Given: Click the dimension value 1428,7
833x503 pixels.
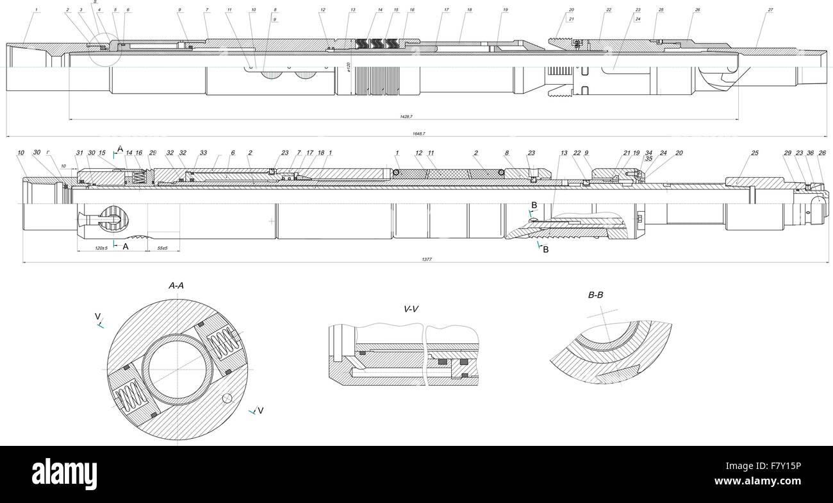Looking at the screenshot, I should point(405,116).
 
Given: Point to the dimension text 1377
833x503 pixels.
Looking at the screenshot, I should point(427,259).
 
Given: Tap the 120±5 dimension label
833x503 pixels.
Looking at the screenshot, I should point(100,248).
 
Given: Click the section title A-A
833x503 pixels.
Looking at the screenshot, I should point(177,286).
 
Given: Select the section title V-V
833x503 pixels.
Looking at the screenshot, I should point(411,309).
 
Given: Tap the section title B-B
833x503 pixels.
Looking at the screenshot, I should point(595,295).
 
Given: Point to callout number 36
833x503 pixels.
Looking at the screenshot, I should point(810,153).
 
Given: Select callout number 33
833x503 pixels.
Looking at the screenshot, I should point(203,153).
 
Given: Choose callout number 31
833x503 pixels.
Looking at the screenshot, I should point(79,153).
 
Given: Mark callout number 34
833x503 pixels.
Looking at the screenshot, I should point(648,153).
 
